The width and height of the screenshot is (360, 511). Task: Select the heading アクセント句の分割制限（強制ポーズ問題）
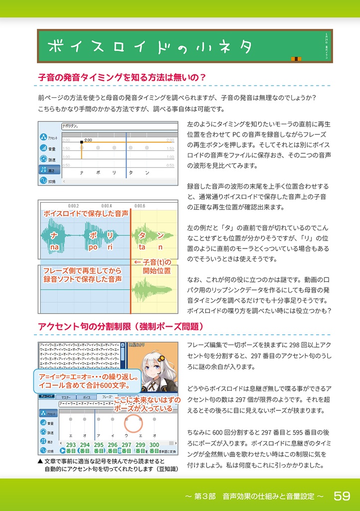(121, 326)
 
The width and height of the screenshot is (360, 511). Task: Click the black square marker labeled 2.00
(81, 142)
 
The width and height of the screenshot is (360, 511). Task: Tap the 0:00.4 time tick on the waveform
(106, 205)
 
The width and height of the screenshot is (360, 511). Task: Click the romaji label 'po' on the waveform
(93, 247)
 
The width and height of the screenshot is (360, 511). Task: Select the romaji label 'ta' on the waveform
(142, 247)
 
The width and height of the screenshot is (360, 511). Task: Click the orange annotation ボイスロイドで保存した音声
(86, 213)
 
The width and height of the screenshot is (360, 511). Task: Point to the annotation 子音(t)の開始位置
(153, 266)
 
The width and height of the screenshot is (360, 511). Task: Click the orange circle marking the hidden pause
(133, 424)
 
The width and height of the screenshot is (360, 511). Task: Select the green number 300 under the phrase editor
(155, 445)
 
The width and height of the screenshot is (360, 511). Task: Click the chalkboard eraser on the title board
(296, 60)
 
